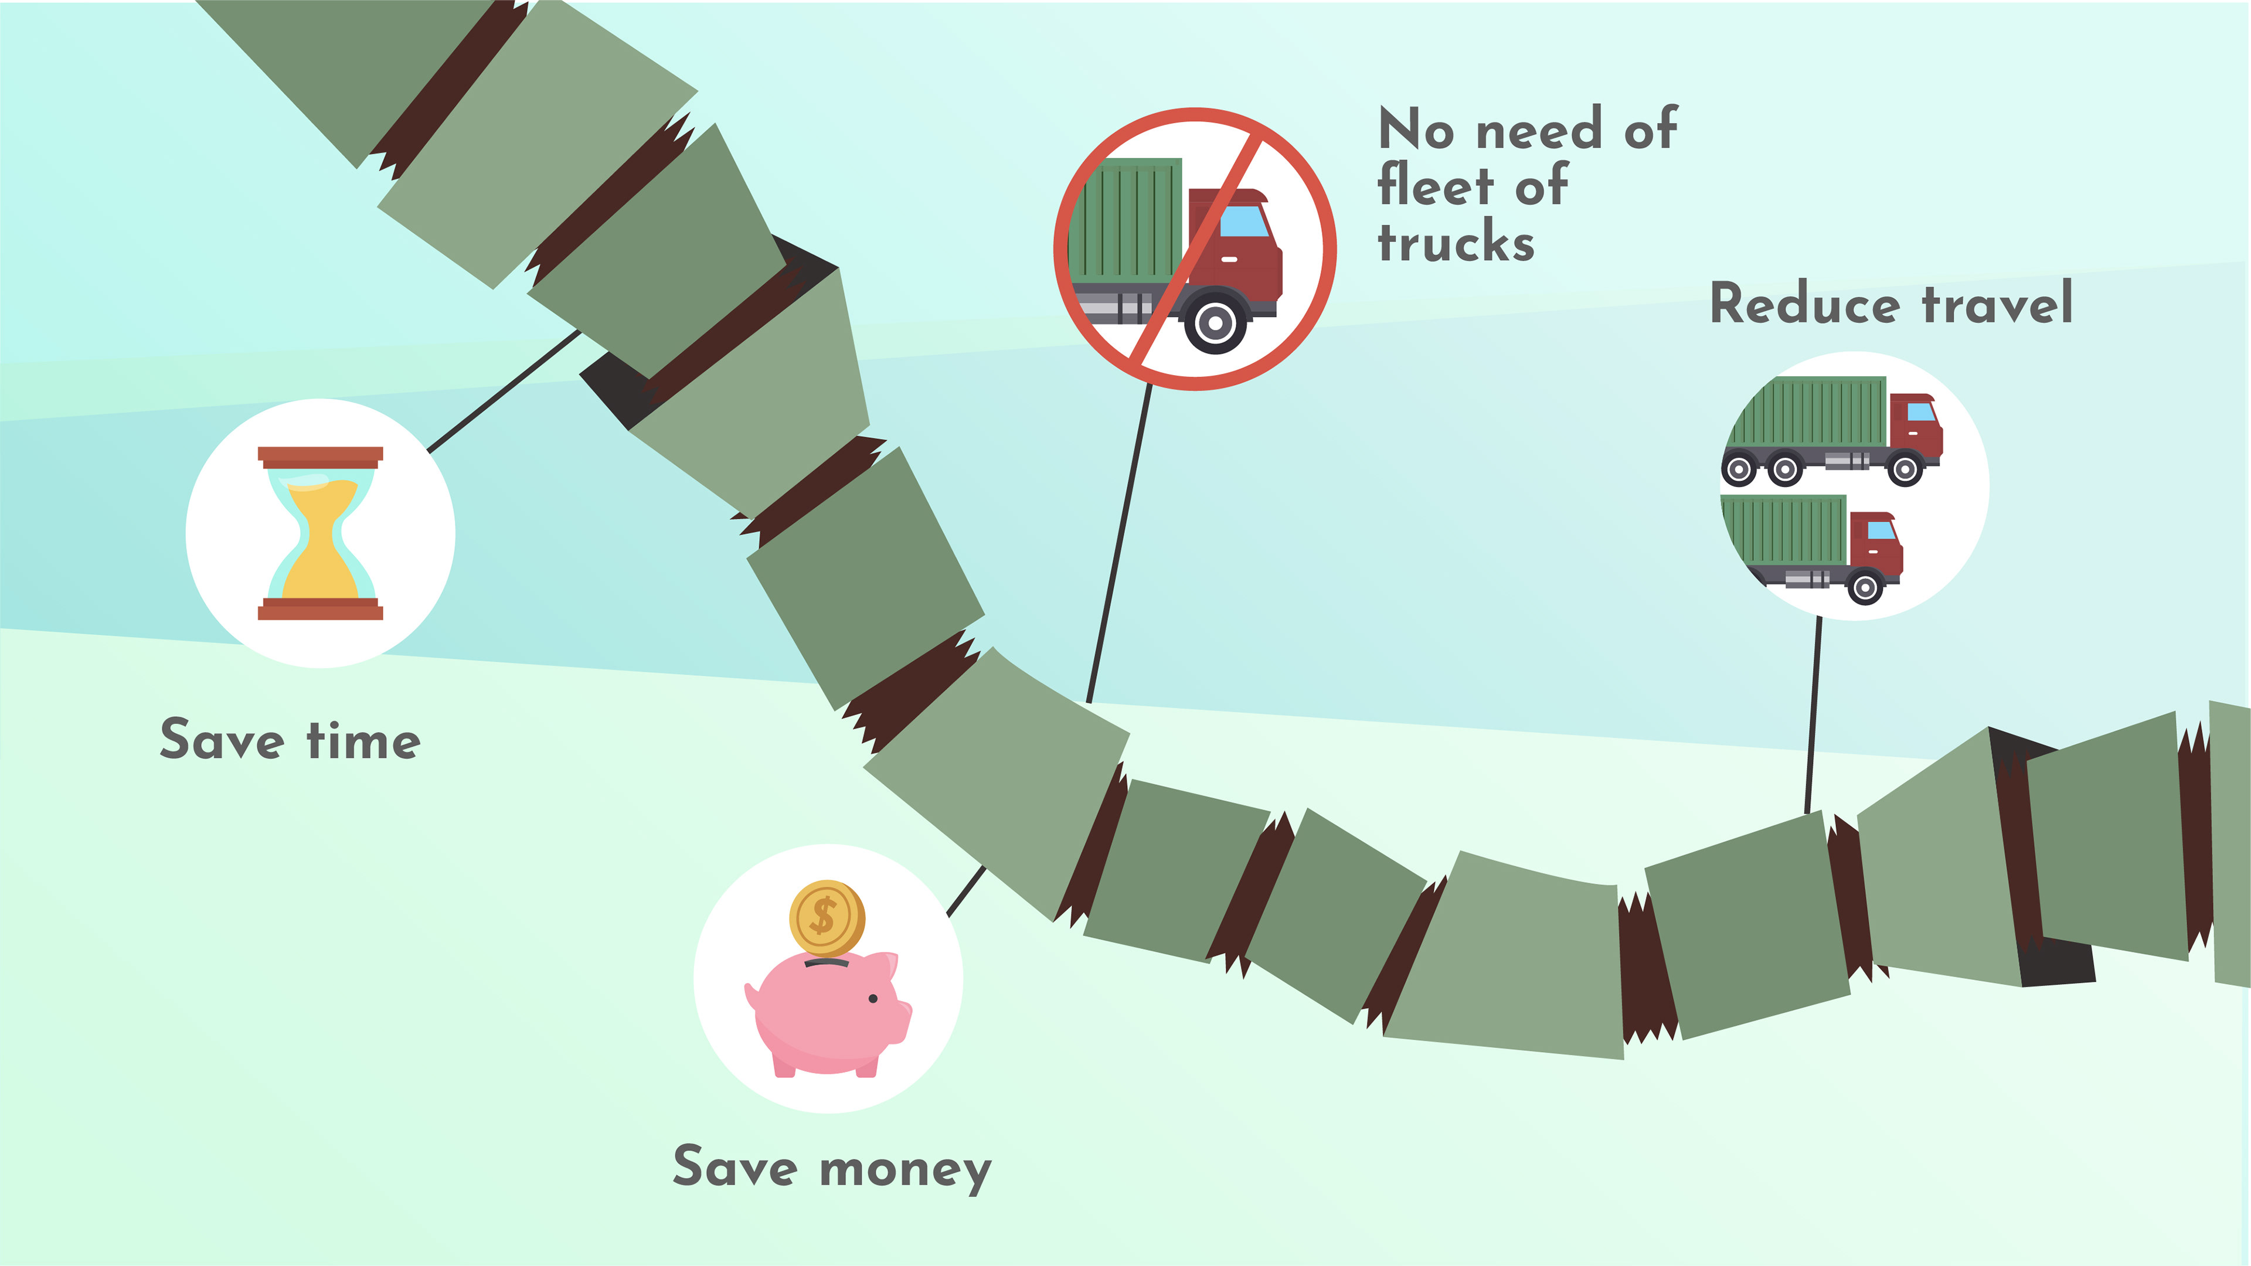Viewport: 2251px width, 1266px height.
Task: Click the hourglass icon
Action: click(x=320, y=533)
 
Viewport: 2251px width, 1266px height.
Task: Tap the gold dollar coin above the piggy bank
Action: click(x=827, y=917)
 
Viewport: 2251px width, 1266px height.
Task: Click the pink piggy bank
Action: click(x=827, y=1013)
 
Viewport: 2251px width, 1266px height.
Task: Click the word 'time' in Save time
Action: click(x=363, y=741)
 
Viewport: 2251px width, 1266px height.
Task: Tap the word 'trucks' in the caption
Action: click(x=1456, y=243)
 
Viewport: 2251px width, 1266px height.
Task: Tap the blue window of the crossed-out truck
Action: click(x=1243, y=221)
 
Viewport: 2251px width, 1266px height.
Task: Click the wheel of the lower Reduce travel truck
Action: click(x=1865, y=587)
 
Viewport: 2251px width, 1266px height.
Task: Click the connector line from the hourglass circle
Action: click(x=504, y=390)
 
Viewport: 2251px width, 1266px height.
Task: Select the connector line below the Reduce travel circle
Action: click(x=1813, y=716)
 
